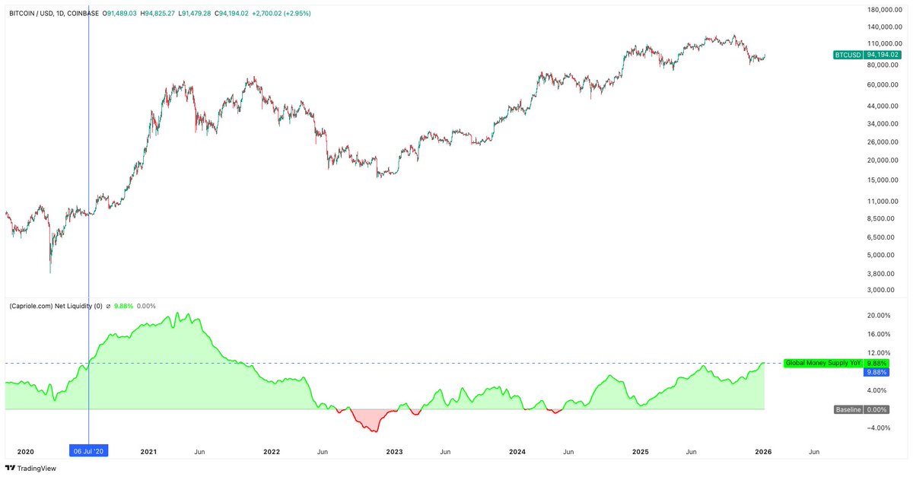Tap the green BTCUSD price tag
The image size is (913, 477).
[x=867, y=55]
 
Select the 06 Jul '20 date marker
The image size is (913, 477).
[x=90, y=451]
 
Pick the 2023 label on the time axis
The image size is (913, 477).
[x=394, y=451]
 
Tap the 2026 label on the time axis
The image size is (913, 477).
[x=763, y=451]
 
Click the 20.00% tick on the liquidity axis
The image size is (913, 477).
[x=879, y=316]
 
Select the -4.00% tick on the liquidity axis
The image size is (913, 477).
[x=879, y=428]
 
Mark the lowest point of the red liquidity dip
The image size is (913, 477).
[x=374, y=432]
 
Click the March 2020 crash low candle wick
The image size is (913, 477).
[x=50, y=272]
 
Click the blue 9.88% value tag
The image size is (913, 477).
[x=876, y=372]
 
